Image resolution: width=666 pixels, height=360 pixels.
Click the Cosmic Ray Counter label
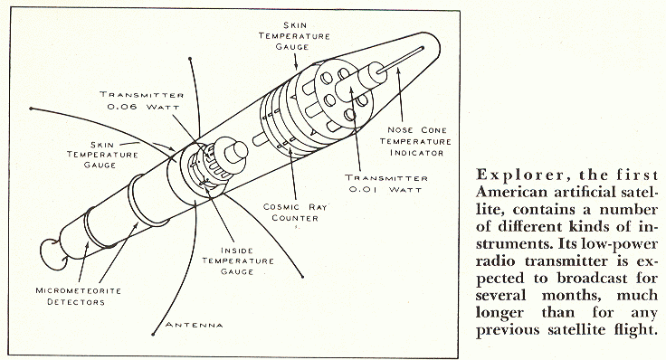(296, 213)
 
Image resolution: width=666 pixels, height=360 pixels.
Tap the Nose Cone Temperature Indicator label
(415, 141)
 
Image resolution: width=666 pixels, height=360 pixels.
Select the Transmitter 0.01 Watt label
(386, 184)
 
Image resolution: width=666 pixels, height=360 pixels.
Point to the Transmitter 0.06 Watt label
(142, 100)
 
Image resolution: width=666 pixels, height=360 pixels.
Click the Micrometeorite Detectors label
(78, 297)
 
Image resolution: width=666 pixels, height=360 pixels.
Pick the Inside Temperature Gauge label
(237, 261)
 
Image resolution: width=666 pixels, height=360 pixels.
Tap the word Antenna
(195, 325)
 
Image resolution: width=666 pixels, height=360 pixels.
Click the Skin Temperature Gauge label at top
(294, 36)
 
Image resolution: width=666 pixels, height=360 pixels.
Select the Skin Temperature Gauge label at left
(102, 155)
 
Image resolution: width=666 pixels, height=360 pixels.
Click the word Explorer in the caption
(520, 175)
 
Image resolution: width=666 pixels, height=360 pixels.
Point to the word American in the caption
(512, 193)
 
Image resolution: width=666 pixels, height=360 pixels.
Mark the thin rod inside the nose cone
(401, 60)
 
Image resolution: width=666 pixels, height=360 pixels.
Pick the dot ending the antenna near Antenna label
(153, 335)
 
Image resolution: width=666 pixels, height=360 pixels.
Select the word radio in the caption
(496, 261)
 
